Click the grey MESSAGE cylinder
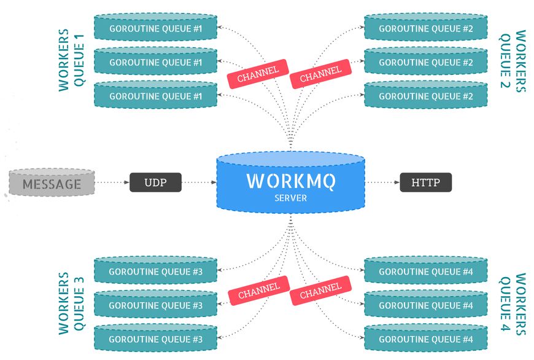click(52, 184)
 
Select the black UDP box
click(156, 182)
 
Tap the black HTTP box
click(425, 182)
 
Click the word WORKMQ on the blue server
click(290, 182)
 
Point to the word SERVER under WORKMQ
click(290, 198)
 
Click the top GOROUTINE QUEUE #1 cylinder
click(155, 29)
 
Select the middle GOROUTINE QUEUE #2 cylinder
click(425, 62)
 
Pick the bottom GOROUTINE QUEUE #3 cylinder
click(155, 338)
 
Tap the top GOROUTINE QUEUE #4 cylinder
click(425, 272)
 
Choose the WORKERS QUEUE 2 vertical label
click(512, 60)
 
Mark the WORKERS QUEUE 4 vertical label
click(512, 303)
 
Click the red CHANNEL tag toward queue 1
click(258, 72)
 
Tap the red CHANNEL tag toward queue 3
click(258, 290)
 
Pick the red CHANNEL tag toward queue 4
click(320, 290)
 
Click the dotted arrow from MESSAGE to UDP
click(112, 182)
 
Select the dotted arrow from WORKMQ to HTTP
click(382, 182)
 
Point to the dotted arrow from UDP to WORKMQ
click(199, 182)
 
